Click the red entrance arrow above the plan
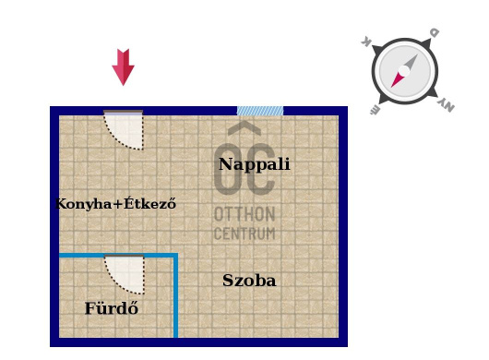123,66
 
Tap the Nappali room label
254,164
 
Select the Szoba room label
249,281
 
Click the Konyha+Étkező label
115,204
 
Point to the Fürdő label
112,309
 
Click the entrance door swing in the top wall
125,129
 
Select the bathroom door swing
125,273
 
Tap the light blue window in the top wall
260,111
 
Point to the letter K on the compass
366,42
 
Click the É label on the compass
375,112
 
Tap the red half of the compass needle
397,80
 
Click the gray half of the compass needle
411,62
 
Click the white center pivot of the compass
404,71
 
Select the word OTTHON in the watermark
244,214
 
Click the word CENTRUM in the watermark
244,234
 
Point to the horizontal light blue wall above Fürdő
115,255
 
